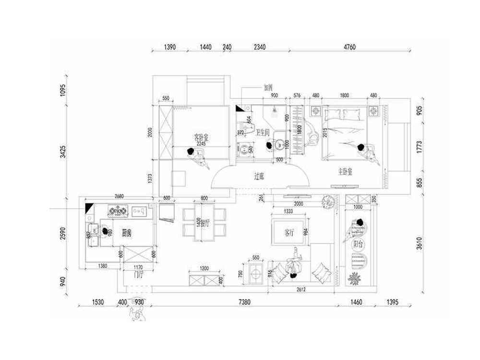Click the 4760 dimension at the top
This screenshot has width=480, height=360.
coord(349,47)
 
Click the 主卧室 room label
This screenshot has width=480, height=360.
coord(345,171)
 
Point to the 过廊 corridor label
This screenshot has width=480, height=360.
coord(259,177)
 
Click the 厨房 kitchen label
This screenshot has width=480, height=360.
coord(127,233)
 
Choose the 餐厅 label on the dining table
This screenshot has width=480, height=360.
coord(204,223)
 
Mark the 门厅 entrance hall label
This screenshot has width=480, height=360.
coord(139,275)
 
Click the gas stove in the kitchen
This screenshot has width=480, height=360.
coord(117,210)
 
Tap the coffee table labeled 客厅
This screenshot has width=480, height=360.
coord(289,232)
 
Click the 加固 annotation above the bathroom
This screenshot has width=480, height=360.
coord(268,88)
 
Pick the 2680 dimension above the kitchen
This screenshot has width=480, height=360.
coord(120,196)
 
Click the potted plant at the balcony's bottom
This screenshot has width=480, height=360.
coord(356,277)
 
